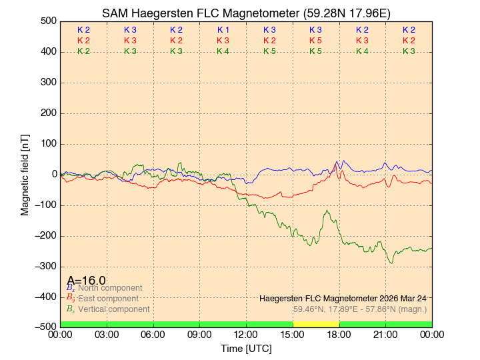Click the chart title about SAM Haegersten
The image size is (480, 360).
246,13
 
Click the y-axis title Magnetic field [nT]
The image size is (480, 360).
25,174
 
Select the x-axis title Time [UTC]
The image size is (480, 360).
246,349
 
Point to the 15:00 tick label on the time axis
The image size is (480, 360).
293,335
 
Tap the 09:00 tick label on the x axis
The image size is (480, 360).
200,335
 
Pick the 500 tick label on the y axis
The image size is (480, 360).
48,21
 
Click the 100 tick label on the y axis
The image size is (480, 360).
48,144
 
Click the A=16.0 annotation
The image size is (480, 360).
86,280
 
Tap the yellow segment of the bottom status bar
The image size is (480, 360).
316,324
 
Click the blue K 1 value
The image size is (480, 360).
223,30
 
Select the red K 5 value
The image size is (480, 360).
316,41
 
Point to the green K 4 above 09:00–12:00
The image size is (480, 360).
223,51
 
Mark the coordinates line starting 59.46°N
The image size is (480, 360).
360,309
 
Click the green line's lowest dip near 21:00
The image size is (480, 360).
391,263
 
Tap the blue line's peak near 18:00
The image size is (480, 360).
337,162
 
